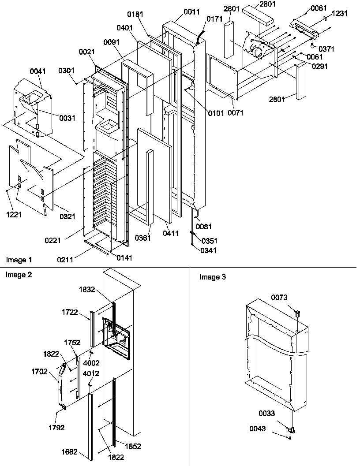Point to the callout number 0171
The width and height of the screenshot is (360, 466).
(214, 20)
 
